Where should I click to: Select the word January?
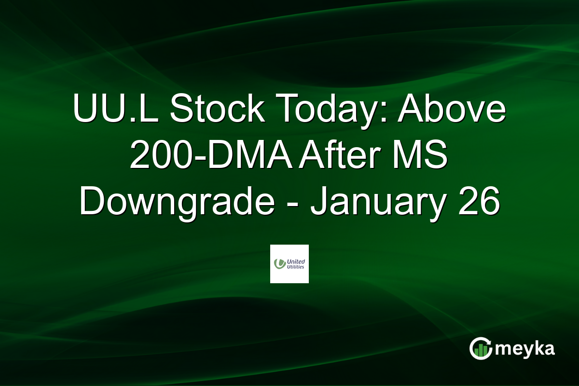point(378,203)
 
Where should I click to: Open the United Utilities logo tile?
point(289,264)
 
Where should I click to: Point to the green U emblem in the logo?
point(278,263)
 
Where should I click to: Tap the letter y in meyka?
point(527,350)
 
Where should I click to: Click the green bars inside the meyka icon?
point(480,351)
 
